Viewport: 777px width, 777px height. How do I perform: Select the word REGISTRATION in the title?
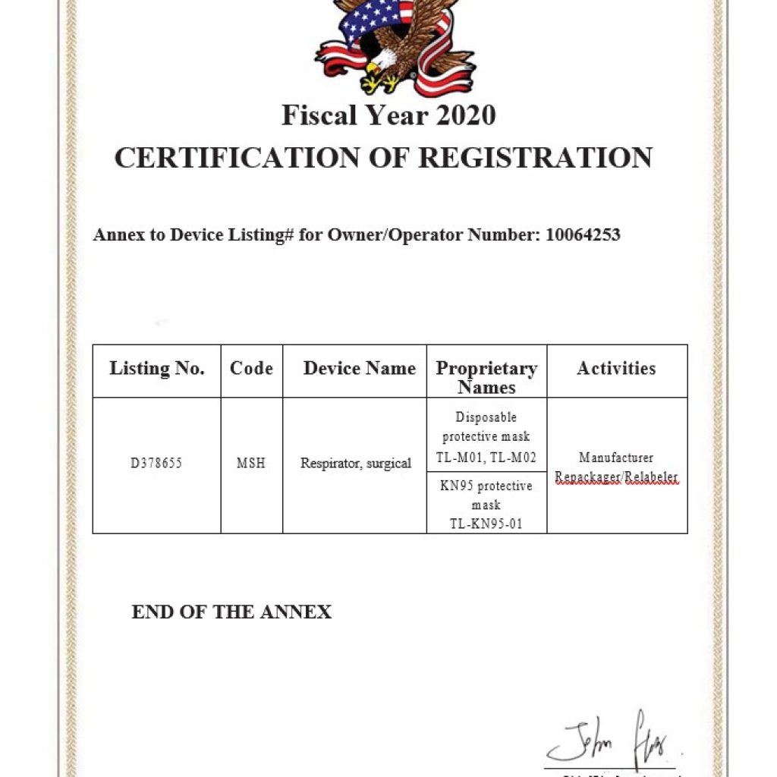point(535,158)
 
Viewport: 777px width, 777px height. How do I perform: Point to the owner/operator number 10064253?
point(583,234)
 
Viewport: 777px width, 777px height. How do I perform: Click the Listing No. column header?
point(157,369)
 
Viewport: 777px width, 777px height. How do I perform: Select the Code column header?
point(251,369)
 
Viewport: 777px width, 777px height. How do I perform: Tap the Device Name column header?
point(359,369)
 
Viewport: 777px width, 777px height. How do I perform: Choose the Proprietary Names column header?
point(486,377)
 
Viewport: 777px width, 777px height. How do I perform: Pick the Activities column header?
point(616,369)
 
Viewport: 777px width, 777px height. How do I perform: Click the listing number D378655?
point(156,463)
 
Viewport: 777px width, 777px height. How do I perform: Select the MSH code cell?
point(251,463)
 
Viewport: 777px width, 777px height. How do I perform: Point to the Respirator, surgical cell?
point(355,463)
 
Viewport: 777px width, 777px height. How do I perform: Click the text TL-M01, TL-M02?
point(486,458)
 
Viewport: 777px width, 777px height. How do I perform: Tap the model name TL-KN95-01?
point(486,524)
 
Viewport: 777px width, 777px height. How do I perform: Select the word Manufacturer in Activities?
point(616,458)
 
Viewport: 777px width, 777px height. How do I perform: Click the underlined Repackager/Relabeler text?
point(616,477)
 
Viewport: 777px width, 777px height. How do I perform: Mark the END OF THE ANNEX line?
point(231,612)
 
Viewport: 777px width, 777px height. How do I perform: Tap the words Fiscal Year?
point(346,115)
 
